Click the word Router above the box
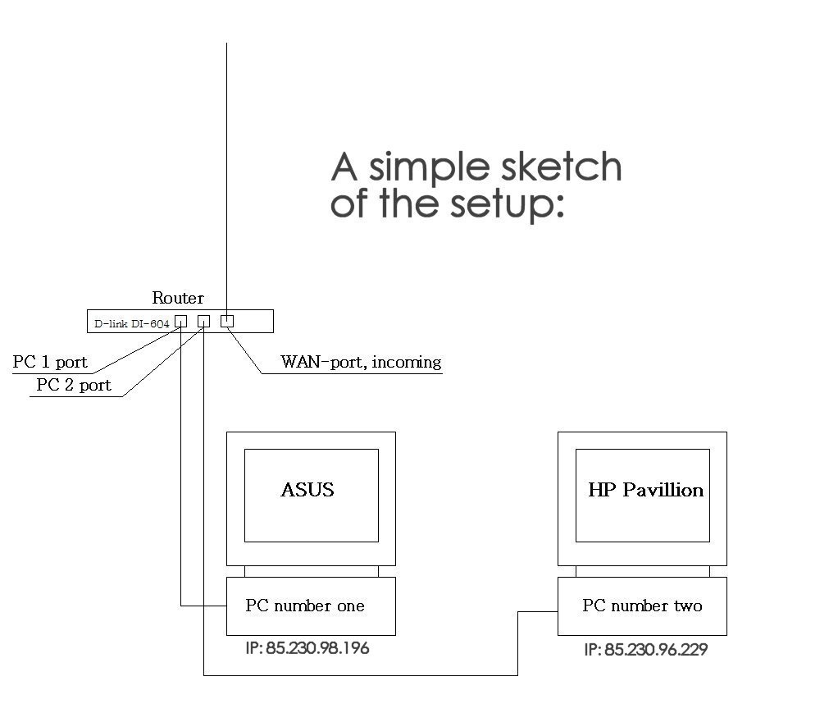(x=178, y=298)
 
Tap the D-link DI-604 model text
(x=131, y=324)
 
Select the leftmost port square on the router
(x=181, y=322)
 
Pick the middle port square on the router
(x=204, y=322)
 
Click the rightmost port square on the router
(x=227, y=321)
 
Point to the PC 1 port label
(x=50, y=363)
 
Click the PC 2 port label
(x=74, y=385)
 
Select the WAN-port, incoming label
(x=361, y=362)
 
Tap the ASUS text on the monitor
(x=307, y=490)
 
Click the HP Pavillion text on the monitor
(x=645, y=490)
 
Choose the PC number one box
(x=311, y=606)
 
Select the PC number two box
(x=642, y=606)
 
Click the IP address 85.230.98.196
(x=307, y=648)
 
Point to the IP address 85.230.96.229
(x=646, y=650)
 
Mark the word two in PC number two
(x=687, y=606)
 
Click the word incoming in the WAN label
(x=406, y=363)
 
